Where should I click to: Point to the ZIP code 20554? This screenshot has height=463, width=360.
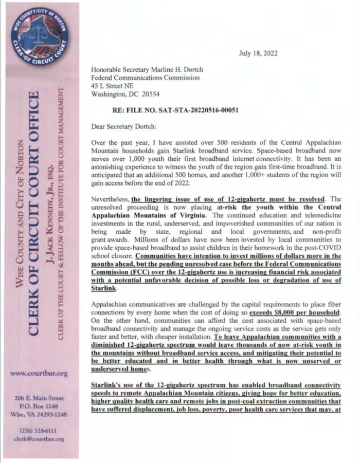151,94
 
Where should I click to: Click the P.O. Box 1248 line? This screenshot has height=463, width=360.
39,405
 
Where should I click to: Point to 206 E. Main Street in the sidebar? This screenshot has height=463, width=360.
39,397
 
